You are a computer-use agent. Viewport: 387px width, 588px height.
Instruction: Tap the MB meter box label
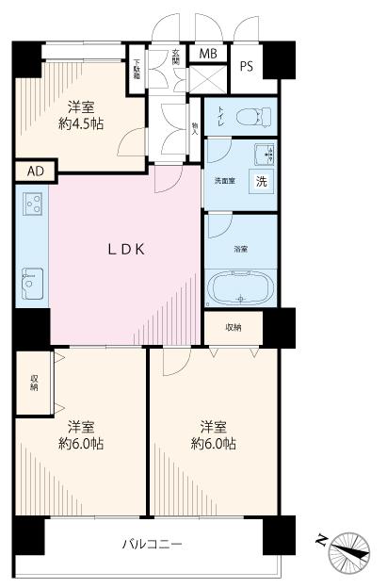click(207, 53)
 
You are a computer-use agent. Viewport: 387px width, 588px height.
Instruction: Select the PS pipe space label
click(247, 66)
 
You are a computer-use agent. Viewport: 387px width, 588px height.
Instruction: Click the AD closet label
click(35, 171)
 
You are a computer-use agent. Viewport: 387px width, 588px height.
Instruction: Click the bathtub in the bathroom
click(240, 286)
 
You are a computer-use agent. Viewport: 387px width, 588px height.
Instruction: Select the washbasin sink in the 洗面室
click(262, 153)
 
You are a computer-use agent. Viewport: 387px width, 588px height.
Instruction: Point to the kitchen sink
click(32, 279)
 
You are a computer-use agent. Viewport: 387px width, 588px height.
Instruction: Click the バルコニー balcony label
click(151, 545)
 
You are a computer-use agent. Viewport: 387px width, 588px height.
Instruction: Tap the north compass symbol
click(348, 547)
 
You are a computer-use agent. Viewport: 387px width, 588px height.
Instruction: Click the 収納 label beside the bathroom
click(233, 327)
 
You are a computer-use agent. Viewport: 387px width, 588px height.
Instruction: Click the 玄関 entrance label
click(175, 57)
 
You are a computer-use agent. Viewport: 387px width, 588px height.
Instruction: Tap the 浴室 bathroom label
click(241, 249)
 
